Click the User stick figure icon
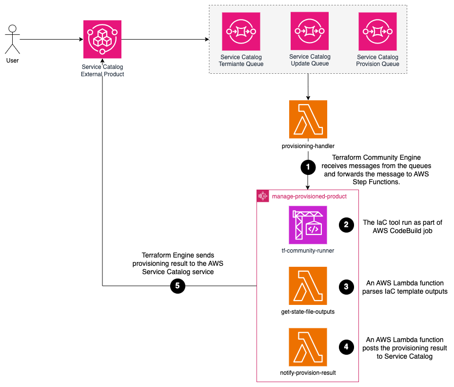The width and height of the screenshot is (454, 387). tap(13, 40)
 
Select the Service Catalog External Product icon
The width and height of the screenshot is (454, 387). tap(102, 39)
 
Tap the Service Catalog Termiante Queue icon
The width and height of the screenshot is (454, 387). tap(241, 31)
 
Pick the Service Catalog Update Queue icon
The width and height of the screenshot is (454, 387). tap(310, 31)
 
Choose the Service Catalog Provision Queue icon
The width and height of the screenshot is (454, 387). tap(377, 31)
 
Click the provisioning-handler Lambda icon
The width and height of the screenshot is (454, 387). tap(308, 119)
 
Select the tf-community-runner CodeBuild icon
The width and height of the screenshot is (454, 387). tap(308, 225)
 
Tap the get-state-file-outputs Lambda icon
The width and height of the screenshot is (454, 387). tap(308, 286)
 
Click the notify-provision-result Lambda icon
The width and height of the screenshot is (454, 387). tap(308, 347)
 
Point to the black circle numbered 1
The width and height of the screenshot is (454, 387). tap(308, 167)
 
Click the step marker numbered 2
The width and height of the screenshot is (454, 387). tap(346, 225)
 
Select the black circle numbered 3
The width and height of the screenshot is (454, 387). tap(346, 287)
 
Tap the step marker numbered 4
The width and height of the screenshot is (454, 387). tap(346, 347)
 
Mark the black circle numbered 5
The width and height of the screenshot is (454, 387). tap(177, 286)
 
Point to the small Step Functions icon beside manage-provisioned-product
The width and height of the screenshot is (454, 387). tap(263, 196)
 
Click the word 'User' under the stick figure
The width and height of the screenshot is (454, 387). tap(13, 61)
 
